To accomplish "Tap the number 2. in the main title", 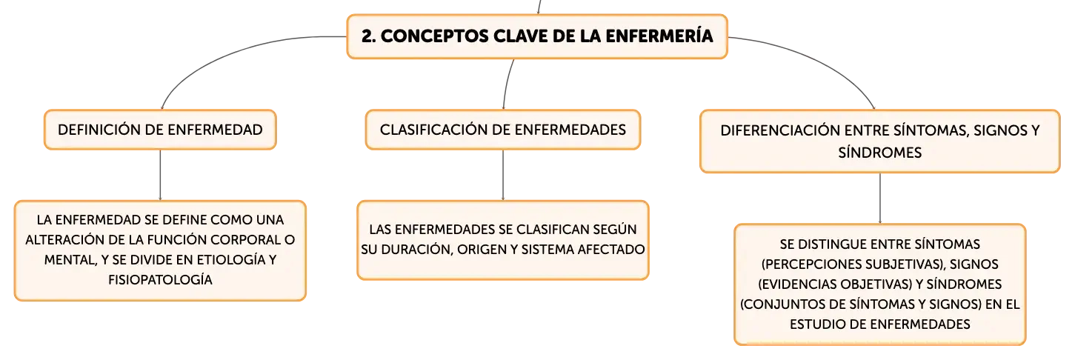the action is tap(368, 36).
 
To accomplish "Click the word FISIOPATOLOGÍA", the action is tap(160, 280).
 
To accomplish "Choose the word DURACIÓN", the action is tap(415, 250).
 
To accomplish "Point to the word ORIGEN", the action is tap(482, 250).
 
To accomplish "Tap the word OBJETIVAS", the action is tap(879, 284).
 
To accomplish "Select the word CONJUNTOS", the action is tap(780, 304).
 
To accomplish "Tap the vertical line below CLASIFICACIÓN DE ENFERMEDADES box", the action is tap(503, 175).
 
